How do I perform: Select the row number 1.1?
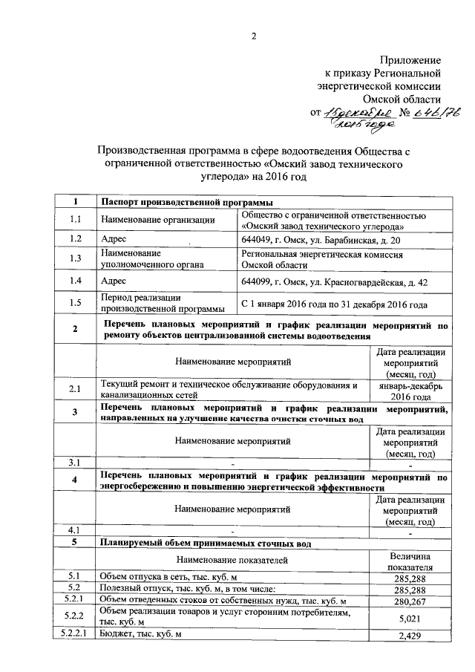tap(74, 219)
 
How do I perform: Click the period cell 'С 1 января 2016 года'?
tap(334, 304)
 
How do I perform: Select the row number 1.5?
tap(74, 303)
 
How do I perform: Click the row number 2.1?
tap(74, 389)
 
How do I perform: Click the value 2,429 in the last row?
tap(410, 635)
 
